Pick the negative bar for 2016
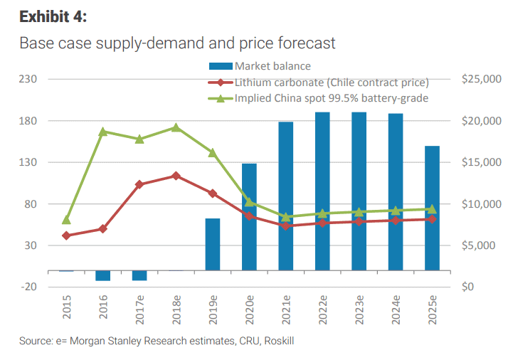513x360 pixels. click(103, 275)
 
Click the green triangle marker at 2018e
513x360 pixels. click(176, 128)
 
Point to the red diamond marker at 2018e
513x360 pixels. click(176, 176)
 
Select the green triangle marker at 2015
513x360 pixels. click(67, 220)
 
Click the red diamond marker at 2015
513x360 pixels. click(67, 235)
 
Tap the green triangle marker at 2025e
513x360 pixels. click(432, 209)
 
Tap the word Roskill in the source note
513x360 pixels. click(279, 342)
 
